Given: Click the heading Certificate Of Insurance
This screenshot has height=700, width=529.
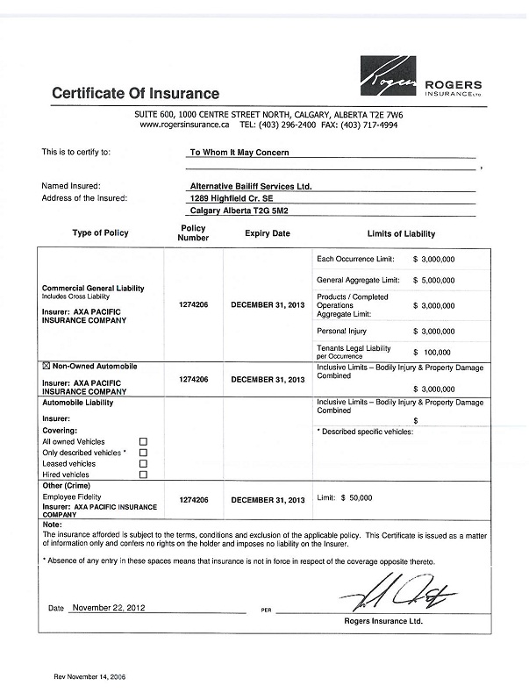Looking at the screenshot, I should pyautogui.click(x=135, y=94).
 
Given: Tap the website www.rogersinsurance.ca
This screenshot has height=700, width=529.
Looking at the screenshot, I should pyautogui.click(x=185, y=125).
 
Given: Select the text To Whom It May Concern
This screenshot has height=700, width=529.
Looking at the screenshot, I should pyautogui.click(x=239, y=152).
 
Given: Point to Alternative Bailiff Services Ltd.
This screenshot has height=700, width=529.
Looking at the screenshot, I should pyautogui.click(x=250, y=186).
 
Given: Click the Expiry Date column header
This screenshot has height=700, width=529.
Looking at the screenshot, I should pyautogui.click(x=267, y=234).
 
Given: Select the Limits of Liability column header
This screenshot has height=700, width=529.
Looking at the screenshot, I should pyautogui.click(x=400, y=234).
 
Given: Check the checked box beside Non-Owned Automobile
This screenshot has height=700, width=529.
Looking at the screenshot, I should pyautogui.click(x=46, y=366).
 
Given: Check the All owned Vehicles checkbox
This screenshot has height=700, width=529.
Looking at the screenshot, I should pyautogui.click(x=143, y=442).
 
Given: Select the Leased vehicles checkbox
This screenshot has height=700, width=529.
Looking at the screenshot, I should pyautogui.click(x=143, y=463).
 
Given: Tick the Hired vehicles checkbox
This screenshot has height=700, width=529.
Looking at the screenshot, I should pyautogui.click(x=143, y=475).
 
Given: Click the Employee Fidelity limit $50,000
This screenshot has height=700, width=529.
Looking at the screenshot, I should pyautogui.click(x=355, y=498).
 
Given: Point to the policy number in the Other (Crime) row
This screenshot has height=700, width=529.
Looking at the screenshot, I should pyautogui.click(x=193, y=499).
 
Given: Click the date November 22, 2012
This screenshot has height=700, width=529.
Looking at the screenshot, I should pyautogui.click(x=109, y=607).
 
